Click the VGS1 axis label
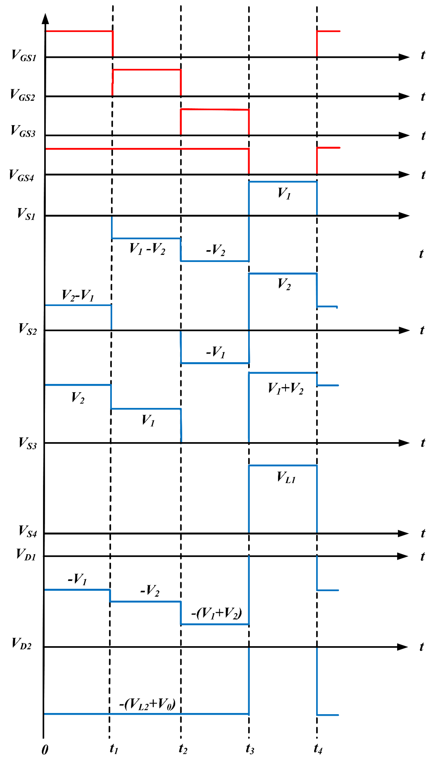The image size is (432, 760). pyautogui.click(x=24, y=56)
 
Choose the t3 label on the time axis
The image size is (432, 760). pyautogui.click(x=250, y=748)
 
